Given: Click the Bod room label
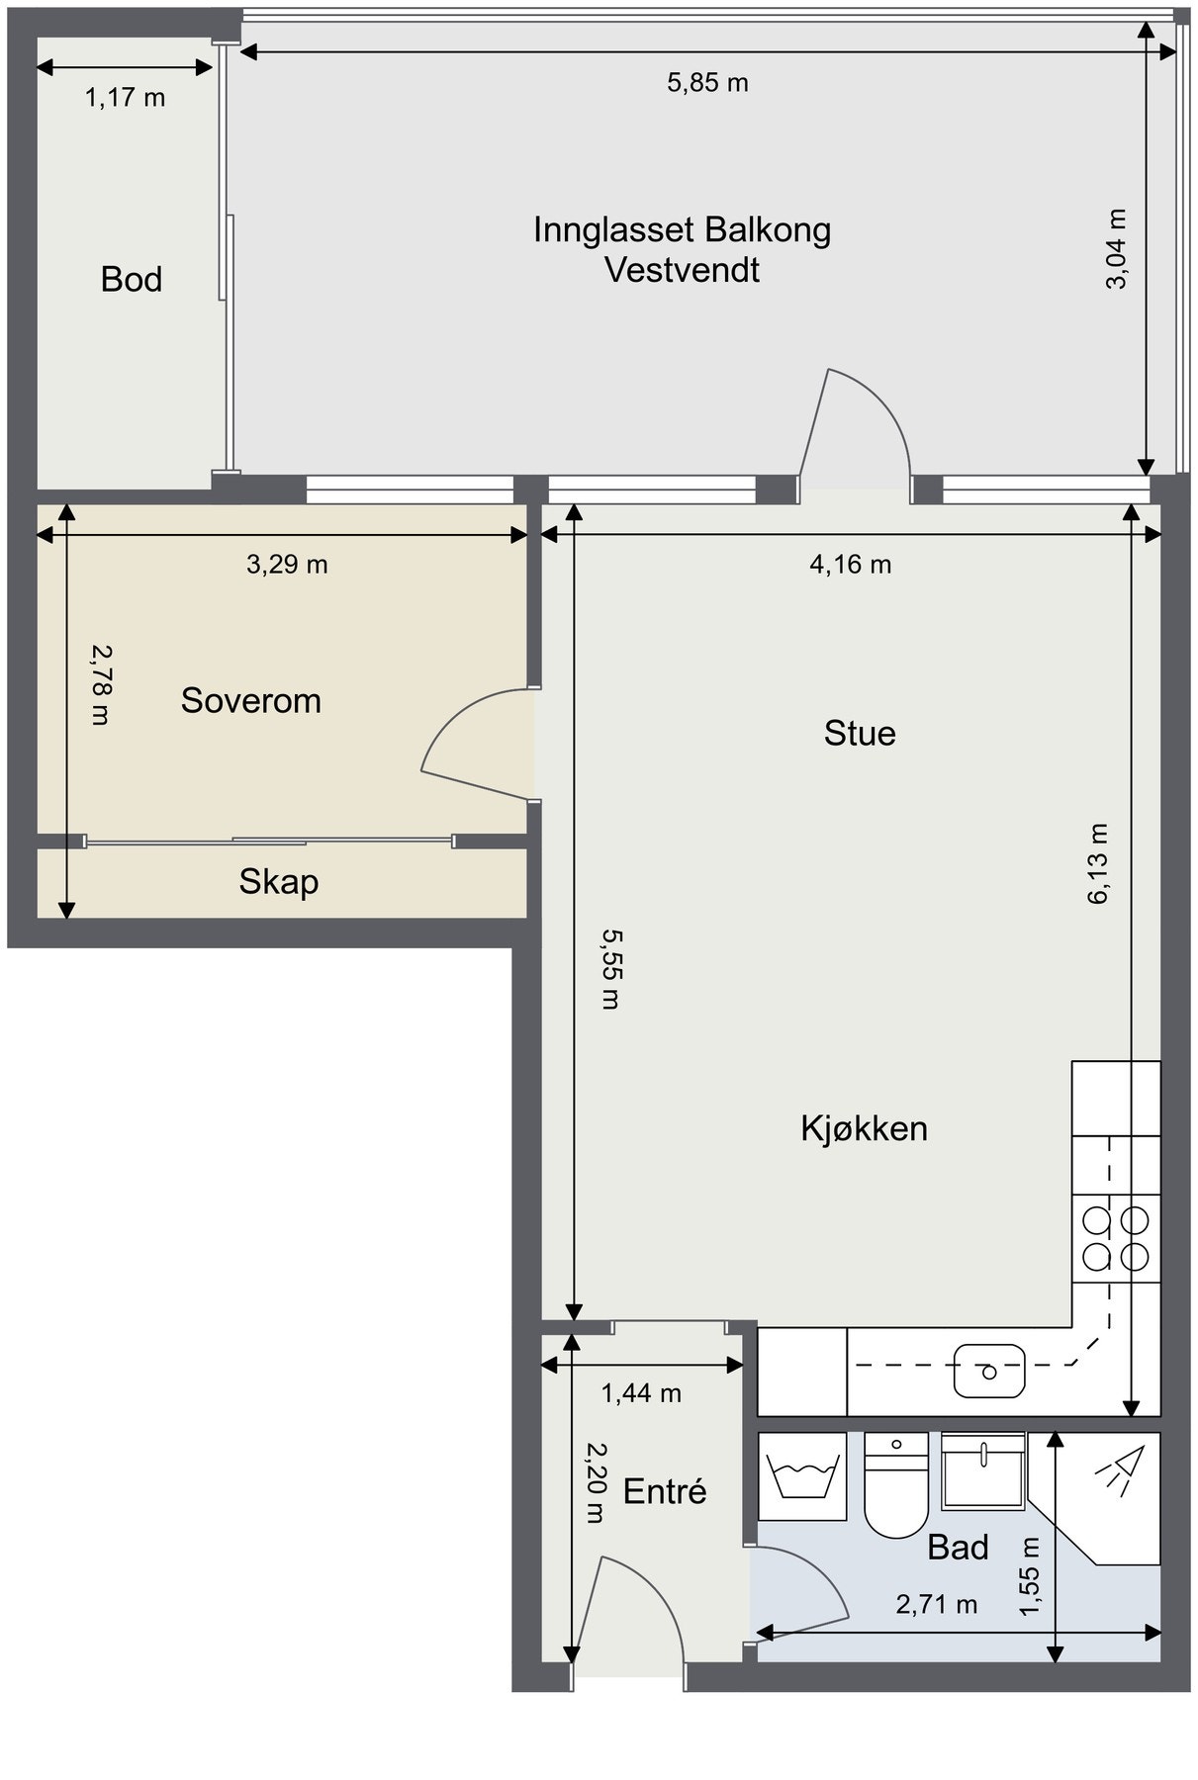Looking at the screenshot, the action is [132, 280].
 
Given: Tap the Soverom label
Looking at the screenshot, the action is [251, 701].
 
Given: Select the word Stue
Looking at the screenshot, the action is [860, 734].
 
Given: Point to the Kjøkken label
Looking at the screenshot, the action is [865, 1128].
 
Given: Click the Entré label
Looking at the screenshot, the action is [665, 1491].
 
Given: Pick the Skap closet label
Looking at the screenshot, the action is [279, 881].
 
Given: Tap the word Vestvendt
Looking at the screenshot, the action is [683, 270].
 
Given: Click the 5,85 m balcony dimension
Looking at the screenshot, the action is [707, 83].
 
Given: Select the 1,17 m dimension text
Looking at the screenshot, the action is [125, 98].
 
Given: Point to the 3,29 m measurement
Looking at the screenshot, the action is [287, 565].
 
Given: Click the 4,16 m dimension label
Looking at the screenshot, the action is [851, 565].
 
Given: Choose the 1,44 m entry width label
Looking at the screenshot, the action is [642, 1393].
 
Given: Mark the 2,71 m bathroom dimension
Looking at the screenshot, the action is [937, 1604].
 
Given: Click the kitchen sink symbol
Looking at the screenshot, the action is [989, 1370].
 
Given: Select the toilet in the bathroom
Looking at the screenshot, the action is [895, 1485].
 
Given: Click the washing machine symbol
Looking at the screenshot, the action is [802, 1475].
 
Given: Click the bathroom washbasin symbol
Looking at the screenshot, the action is [983, 1470].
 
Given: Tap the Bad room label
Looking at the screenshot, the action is [958, 1548].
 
